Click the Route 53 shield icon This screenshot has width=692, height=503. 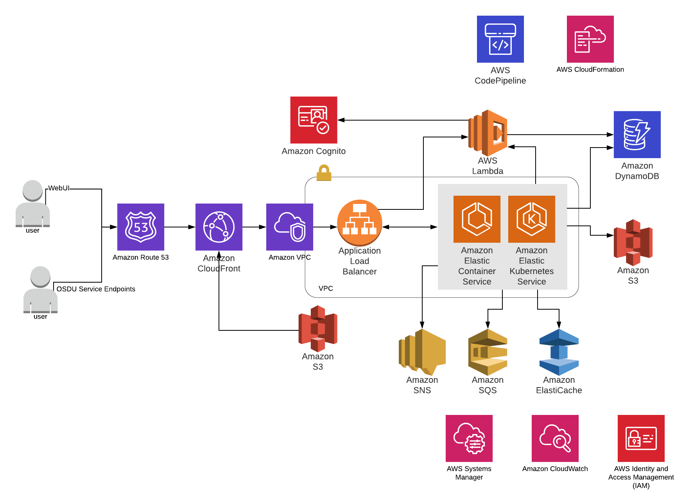pos(141,227)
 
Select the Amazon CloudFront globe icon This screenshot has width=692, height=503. pos(219,227)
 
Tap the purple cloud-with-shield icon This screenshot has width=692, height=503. pos(290,227)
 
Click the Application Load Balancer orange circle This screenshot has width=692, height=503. pos(360,222)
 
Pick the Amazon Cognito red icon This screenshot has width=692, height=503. pos(314,120)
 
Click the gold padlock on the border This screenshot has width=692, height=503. pos(324,173)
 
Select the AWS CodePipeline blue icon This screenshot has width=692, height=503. pos(500,39)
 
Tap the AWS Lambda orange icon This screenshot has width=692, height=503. pos(488,133)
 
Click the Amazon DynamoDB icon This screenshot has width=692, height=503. pos(637,134)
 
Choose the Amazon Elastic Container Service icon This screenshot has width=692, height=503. pos(477,219)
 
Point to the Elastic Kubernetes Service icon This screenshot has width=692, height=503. pos(532,219)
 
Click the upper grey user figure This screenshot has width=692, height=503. pos(33,204)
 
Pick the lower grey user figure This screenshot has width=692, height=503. pos(41,290)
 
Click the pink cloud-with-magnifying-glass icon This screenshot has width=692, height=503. pos(555,438)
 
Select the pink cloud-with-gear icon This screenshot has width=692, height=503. pos(469,438)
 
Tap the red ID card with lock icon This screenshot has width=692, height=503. pos(641,438)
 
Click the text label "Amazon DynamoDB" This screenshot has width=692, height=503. pos(637,171)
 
